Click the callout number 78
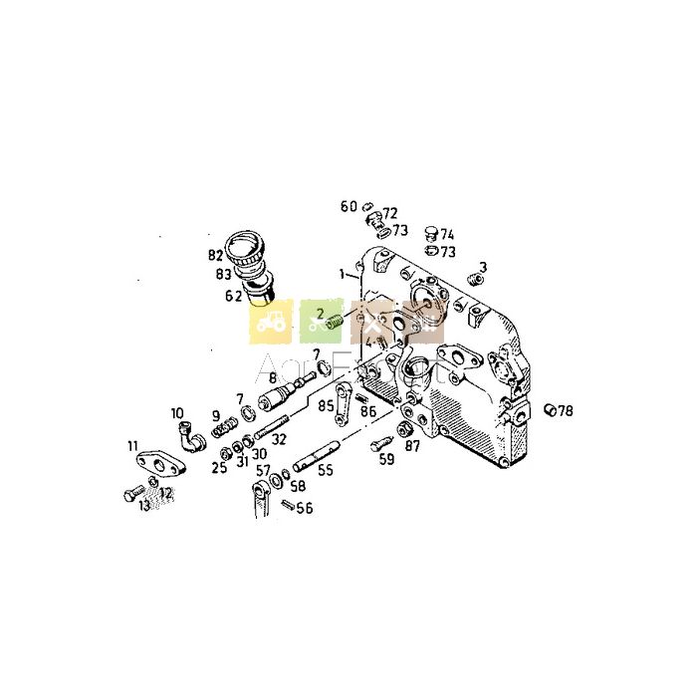click(567, 410)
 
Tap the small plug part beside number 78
click(550, 409)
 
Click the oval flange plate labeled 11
click(156, 462)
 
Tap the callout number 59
click(386, 460)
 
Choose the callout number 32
click(279, 438)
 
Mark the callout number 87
click(411, 447)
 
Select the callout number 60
click(348, 207)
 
